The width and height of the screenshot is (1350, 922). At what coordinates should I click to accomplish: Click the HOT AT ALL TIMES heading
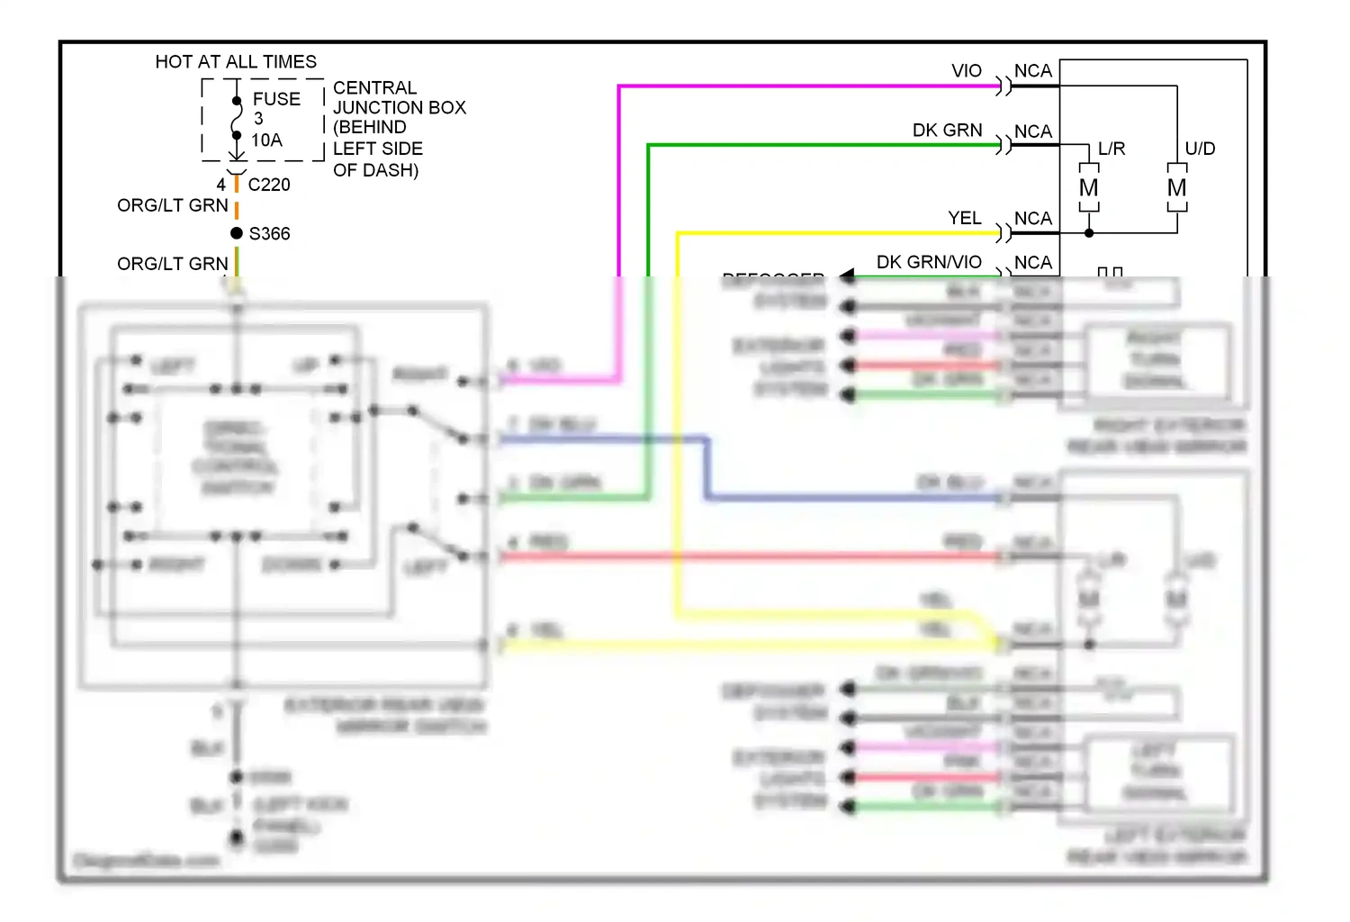pyautogui.click(x=236, y=62)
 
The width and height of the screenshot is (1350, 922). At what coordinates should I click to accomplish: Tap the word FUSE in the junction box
pyautogui.click(x=276, y=99)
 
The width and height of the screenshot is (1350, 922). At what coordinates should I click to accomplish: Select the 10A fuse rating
pyautogui.click(x=266, y=140)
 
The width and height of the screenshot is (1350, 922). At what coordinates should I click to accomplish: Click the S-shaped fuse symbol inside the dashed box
pyautogui.click(x=237, y=118)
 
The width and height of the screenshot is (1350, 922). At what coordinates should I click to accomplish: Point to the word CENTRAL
pyautogui.click(x=374, y=88)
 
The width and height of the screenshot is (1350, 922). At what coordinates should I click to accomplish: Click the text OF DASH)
pyautogui.click(x=375, y=170)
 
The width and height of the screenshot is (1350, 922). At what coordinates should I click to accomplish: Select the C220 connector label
pyautogui.click(x=269, y=185)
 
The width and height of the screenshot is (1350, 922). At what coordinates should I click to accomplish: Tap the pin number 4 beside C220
pyautogui.click(x=221, y=185)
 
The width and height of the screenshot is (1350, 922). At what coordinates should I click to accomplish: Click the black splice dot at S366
pyautogui.click(x=237, y=233)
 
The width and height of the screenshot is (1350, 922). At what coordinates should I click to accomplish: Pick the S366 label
pyautogui.click(x=269, y=234)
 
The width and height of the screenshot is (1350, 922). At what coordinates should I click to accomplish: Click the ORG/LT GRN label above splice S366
pyautogui.click(x=173, y=206)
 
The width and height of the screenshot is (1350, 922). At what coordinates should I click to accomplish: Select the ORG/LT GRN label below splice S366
pyautogui.click(x=173, y=264)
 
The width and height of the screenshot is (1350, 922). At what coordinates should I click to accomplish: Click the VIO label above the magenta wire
pyautogui.click(x=967, y=71)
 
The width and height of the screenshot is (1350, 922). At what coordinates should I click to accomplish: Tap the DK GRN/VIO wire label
pyautogui.click(x=929, y=262)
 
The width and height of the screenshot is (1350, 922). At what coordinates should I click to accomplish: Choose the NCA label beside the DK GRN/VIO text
pyautogui.click(x=1032, y=262)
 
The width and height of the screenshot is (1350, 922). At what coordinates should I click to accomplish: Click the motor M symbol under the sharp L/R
pyautogui.click(x=1089, y=188)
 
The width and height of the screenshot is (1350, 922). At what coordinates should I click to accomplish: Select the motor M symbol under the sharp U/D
pyautogui.click(x=1176, y=188)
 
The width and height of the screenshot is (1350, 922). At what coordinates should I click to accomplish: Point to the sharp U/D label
pyautogui.click(x=1200, y=149)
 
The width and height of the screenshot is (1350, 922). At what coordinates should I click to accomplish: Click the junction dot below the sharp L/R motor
pyautogui.click(x=1089, y=233)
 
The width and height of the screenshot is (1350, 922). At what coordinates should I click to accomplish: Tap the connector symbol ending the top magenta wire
pyautogui.click(x=1003, y=86)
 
